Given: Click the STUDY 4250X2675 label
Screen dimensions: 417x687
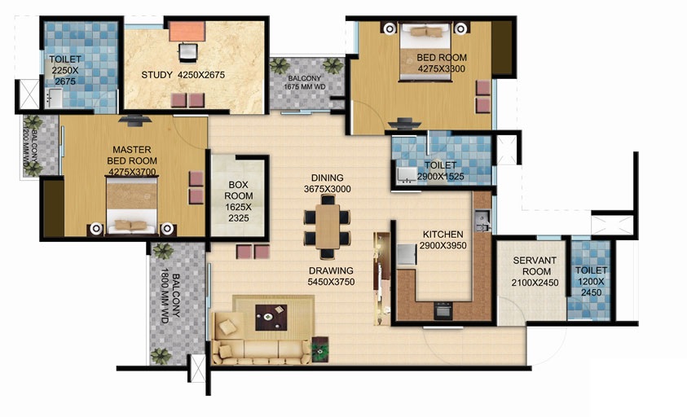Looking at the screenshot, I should click(x=183, y=76).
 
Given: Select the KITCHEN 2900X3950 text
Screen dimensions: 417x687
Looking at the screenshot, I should click(x=443, y=239).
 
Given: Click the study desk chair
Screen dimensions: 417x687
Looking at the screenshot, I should click(x=188, y=53).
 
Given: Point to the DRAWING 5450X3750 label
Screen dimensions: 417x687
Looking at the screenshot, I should click(x=330, y=277).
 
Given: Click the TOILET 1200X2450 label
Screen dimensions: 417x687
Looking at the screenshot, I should click(x=591, y=282).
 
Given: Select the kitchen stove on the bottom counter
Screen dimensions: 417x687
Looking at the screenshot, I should click(x=443, y=311).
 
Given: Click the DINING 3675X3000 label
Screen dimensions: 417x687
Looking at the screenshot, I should click(x=327, y=183).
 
